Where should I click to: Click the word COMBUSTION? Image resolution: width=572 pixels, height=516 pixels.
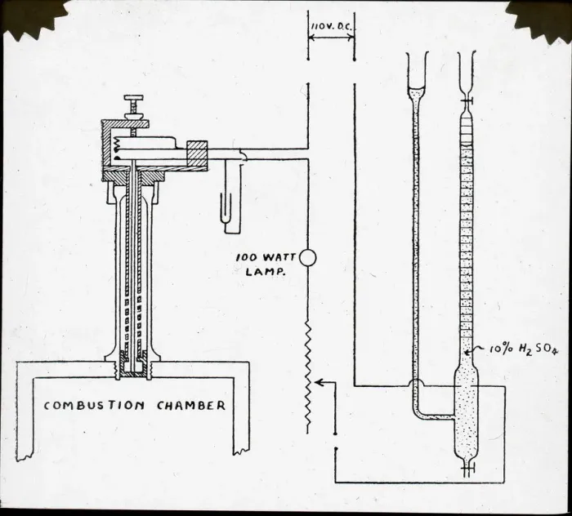tap(94, 405)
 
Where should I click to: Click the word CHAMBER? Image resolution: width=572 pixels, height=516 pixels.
tap(191, 405)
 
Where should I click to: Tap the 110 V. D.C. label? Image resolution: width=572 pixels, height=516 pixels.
tap(332, 27)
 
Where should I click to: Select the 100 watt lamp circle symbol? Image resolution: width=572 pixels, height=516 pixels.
tap(308, 258)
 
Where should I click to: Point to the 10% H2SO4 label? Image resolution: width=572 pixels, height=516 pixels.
tap(524, 349)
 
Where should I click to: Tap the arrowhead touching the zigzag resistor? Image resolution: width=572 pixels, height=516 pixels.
tap(319, 382)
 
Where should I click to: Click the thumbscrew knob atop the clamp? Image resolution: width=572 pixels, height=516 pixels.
tap(133, 98)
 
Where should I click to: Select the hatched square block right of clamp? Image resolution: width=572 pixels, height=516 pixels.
tap(197, 156)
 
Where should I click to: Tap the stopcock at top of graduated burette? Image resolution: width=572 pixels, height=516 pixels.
tap(467, 100)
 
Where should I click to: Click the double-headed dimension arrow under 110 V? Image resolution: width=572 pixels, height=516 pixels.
tap(331, 38)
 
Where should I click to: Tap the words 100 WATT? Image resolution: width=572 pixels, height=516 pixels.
tap(266, 257)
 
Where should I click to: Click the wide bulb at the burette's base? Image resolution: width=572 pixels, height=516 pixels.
tap(467, 415)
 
